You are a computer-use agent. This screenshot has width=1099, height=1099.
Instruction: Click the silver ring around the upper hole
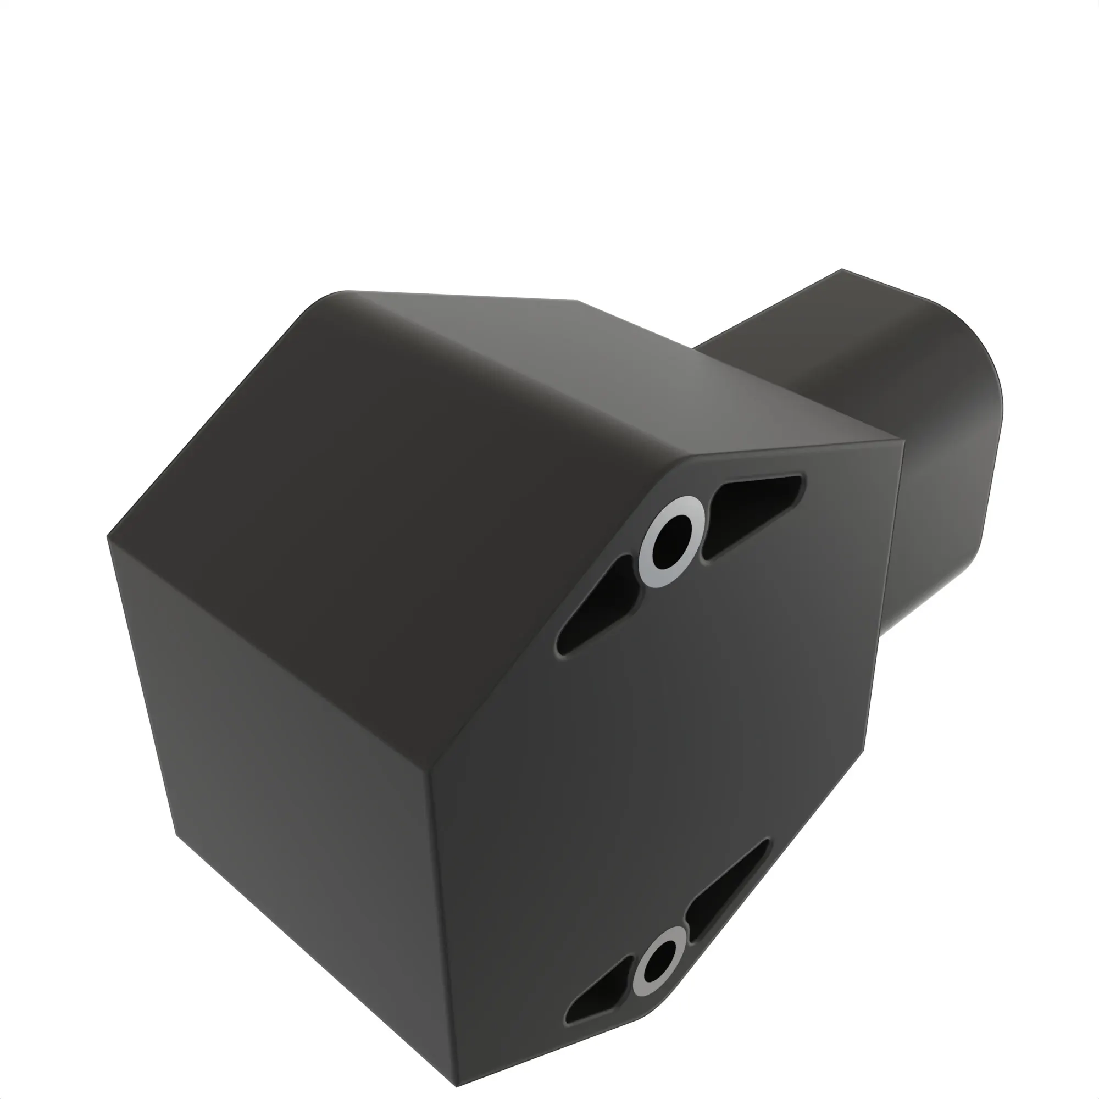click(x=648, y=561)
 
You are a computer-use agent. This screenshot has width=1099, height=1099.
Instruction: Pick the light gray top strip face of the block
click(x=654, y=370)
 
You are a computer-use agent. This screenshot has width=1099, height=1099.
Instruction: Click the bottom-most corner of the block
click(x=457, y=1085)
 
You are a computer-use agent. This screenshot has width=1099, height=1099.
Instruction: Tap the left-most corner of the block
click(x=108, y=536)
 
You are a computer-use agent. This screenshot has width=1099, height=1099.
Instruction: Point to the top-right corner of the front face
click(x=903, y=440)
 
